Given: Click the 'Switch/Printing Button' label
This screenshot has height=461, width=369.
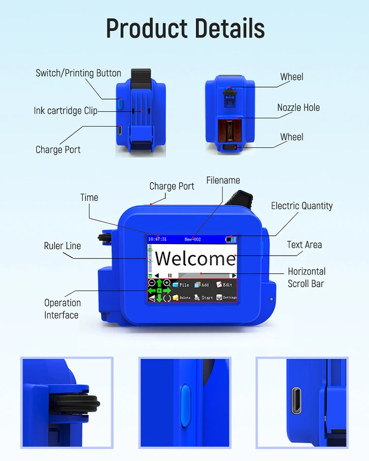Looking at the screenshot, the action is click(x=78, y=73).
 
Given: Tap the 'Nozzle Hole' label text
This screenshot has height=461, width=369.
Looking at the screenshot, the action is click(x=298, y=107).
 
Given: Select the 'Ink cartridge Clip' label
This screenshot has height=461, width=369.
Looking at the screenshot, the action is click(x=65, y=111).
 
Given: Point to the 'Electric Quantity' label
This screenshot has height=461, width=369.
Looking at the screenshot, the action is click(x=302, y=206).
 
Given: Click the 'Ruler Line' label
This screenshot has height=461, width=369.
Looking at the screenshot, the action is click(x=62, y=246).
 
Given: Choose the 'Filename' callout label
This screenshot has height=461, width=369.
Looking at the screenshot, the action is click(x=223, y=180).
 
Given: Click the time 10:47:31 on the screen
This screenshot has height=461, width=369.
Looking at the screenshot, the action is click(x=157, y=239).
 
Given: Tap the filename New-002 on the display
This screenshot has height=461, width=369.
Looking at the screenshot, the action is click(x=192, y=239).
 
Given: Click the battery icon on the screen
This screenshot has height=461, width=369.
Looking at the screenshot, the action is click(x=230, y=239).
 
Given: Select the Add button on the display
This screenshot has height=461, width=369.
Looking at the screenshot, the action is click(x=202, y=285).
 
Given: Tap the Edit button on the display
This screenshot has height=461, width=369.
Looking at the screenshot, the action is click(x=224, y=285).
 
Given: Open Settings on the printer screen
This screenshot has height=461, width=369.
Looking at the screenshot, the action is click(x=226, y=297).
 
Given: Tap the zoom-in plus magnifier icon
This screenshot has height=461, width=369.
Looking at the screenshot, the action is click(x=167, y=283).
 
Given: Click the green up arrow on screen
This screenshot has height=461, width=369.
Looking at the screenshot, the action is click(x=159, y=284).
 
